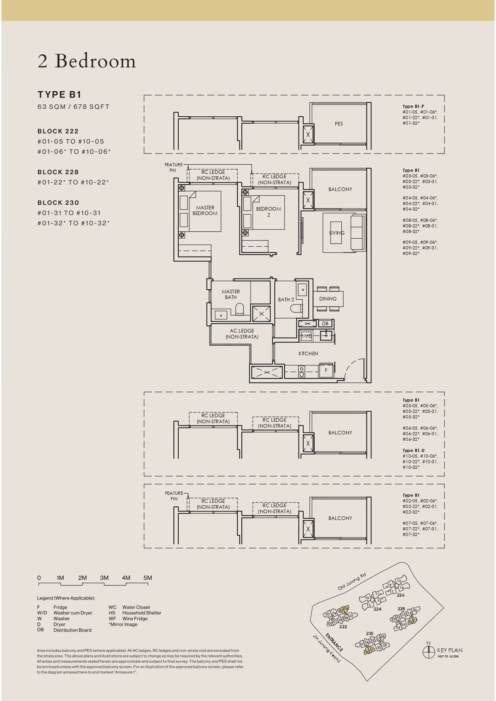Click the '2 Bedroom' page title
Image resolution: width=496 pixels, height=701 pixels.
click(87, 61)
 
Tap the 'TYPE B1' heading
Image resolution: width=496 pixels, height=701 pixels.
click(60, 95)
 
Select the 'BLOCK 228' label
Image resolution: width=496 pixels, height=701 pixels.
click(58, 172)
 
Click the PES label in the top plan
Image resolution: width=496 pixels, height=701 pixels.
click(339, 124)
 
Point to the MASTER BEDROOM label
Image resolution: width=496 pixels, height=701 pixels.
click(205, 211)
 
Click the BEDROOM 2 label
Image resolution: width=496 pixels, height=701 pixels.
click(269, 211)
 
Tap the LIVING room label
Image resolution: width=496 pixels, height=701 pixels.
click(337, 233)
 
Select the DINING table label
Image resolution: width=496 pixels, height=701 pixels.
click(328, 299)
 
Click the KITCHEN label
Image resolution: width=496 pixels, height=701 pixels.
click(308, 354)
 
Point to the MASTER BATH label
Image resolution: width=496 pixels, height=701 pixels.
click(231, 295)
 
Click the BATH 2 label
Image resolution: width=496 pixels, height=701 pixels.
click(286, 300)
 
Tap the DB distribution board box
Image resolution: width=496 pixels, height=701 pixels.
click(325, 324)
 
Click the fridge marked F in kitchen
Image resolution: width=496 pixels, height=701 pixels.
click(326, 370)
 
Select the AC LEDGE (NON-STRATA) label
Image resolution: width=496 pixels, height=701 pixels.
click(242, 334)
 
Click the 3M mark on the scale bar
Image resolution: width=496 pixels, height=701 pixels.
click(104, 578)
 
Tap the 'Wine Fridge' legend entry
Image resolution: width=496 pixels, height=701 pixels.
click(135, 619)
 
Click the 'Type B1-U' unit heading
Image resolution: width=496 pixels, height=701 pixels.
click(413, 450)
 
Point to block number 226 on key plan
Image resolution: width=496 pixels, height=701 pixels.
click(400, 595)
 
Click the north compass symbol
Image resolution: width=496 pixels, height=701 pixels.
click(428, 652)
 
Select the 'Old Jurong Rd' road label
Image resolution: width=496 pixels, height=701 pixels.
click(352, 582)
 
